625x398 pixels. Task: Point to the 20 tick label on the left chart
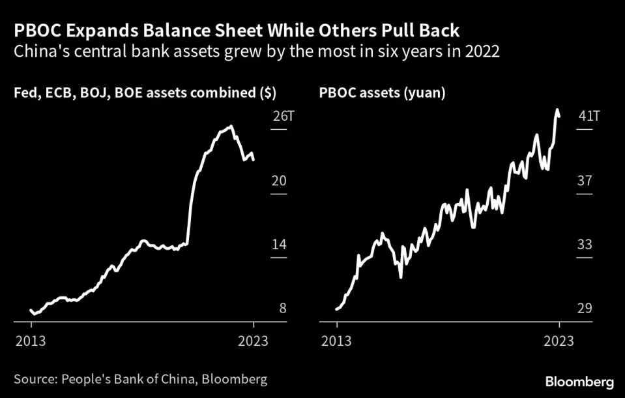(x=279, y=181)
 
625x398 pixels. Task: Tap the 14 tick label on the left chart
(x=279, y=245)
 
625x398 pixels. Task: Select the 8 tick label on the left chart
(x=283, y=308)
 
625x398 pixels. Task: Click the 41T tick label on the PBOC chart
(x=589, y=117)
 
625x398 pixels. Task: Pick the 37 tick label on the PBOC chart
(x=585, y=181)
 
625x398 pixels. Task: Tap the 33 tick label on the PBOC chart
(x=585, y=245)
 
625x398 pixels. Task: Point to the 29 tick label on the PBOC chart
(x=585, y=308)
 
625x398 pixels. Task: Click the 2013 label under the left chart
(x=32, y=341)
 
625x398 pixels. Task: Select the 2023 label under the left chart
(x=254, y=341)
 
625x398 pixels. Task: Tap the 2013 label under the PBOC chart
(x=337, y=341)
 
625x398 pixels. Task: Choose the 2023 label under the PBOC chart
(x=559, y=341)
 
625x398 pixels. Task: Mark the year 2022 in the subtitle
(x=482, y=52)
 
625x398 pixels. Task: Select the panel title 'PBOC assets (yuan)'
(x=383, y=94)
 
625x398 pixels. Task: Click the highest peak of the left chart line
(x=231, y=127)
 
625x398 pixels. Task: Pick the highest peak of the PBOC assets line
(x=557, y=110)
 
